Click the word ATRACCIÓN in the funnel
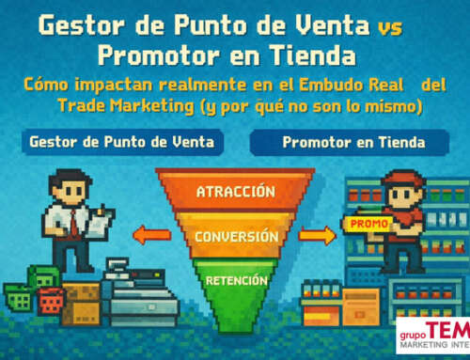pyautogui.click(x=235, y=192)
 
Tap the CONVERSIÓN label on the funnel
pyautogui.click(x=236, y=236)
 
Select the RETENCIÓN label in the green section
pyautogui.click(x=235, y=278)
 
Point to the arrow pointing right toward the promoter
pyautogui.click(x=321, y=234)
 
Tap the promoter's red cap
pyautogui.click(x=399, y=180)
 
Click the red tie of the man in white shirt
pyautogui.click(x=72, y=222)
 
